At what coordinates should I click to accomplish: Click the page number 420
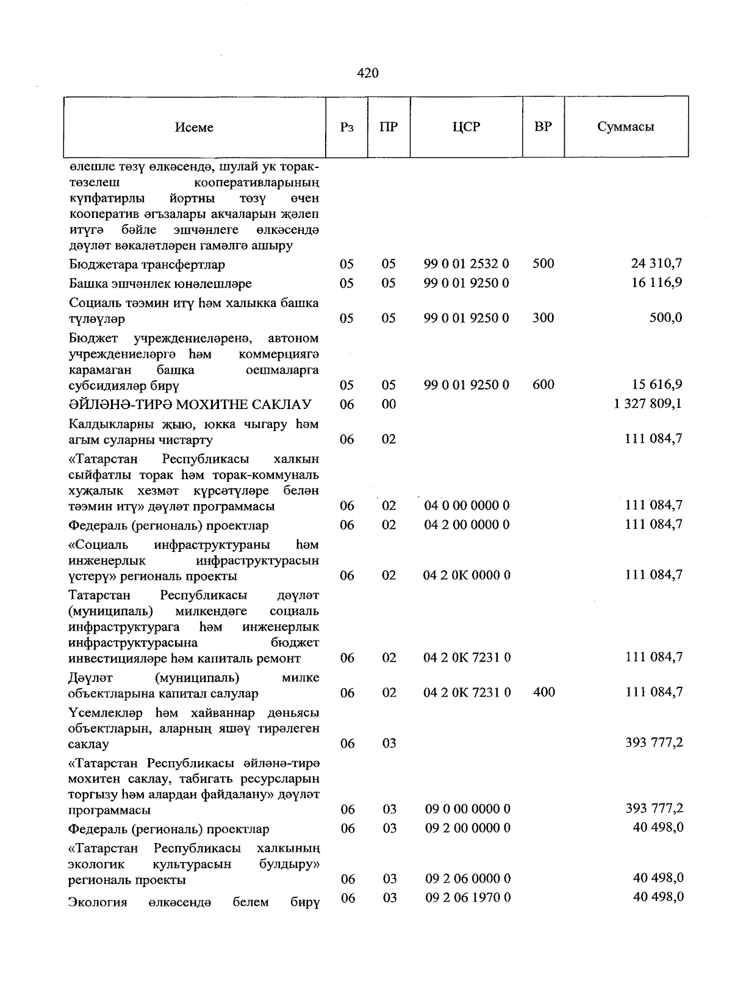(367, 73)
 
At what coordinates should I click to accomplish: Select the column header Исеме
(194, 127)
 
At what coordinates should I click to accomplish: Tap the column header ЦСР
(467, 127)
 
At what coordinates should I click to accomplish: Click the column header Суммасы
(626, 127)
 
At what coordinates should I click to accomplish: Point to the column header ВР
(543, 127)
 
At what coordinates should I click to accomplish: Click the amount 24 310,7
(656, 264)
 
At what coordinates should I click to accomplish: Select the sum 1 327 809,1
(648, 404)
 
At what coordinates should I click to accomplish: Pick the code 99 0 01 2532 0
(467, 264)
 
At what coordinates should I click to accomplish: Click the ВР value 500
(543, 264)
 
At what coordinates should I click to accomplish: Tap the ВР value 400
(543, 692)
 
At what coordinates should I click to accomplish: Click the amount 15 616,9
(656, 385)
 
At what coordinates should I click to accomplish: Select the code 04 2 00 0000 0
(467, 525)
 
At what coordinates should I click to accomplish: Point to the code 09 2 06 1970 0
(467, 897)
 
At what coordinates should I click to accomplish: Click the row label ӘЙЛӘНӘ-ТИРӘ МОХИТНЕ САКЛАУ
(190, 404)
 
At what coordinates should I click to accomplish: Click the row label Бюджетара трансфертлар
(146, 265)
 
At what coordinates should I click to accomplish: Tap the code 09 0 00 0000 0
(467, 809)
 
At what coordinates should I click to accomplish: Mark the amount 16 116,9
(656, 283)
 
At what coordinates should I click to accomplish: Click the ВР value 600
(543, 385)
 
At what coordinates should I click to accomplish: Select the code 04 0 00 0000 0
(467, 505)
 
